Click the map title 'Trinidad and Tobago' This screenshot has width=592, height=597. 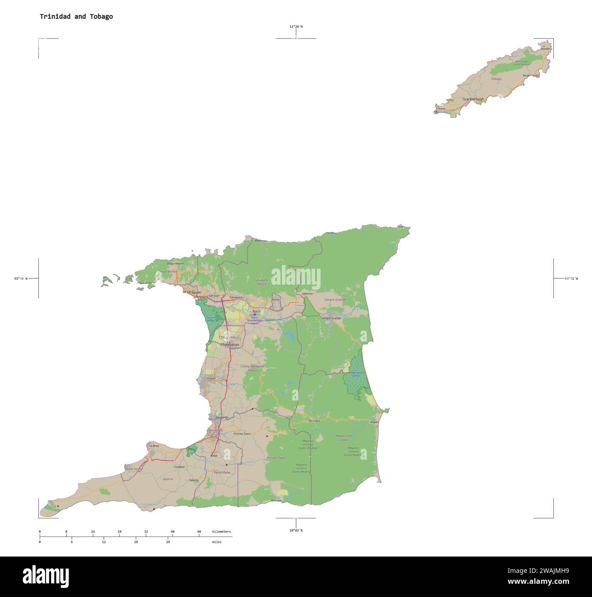coord(76,16)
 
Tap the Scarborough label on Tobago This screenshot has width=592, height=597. coord(473,99)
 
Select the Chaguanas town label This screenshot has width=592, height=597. coord(230,345)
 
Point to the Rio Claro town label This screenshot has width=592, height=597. coord(314,421)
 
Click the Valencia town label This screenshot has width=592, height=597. coord(307,294)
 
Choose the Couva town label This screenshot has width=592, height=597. coord(211,378)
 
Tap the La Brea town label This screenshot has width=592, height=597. coord(154,446)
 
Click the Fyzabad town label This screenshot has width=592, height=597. coord(179,467)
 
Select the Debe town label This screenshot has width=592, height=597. coord(214,455)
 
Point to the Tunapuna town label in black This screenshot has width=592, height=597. coord(236,297)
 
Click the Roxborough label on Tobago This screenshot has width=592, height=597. coord(531,75)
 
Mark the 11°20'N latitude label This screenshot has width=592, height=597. coord(296,27)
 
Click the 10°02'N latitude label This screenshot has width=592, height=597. coord(296,530)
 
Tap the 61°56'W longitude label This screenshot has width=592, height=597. coord(21,278)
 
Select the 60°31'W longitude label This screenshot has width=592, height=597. coord(571,278)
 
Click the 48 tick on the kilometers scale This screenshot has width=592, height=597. coord(199,532)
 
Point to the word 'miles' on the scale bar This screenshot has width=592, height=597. coord(217,542)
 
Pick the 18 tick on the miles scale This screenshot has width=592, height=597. coord(136,542)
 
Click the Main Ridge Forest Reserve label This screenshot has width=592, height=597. coord(521,63)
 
